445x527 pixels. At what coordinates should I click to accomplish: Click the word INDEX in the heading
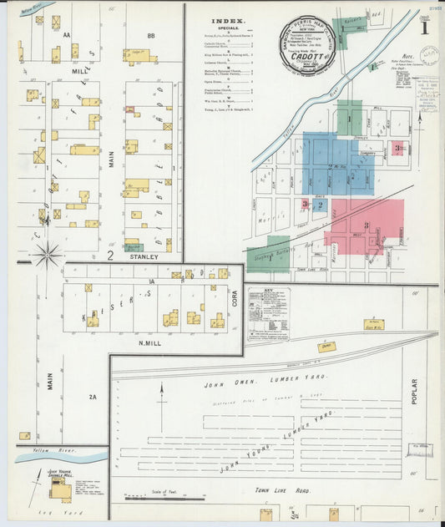(227, 21)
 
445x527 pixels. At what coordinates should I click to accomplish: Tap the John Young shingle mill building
(60, 490)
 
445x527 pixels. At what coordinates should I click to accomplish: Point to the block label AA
(66, 36)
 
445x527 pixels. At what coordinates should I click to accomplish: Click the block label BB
(151, 36)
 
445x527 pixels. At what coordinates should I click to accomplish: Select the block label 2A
(93, 398)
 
